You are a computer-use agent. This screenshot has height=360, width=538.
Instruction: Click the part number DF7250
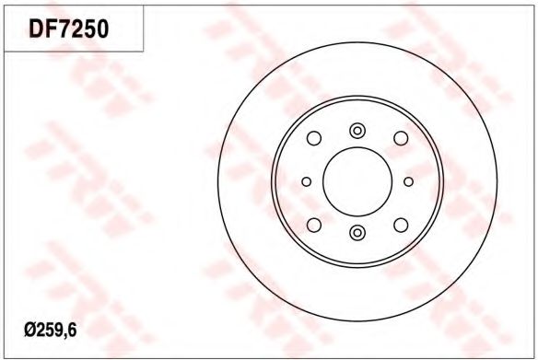pyautogui.click(x=68, y=29)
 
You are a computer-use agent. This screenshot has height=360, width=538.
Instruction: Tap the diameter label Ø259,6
pyautogui.click(x=51, y=331)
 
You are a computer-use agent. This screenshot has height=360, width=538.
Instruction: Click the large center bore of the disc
pyautogui.click(x=357, y=181)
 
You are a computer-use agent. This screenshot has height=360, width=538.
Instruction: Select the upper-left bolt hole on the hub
pyautogui.click(x=314, y=138)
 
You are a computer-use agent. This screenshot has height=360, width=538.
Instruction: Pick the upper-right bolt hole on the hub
pyautogui.click(x=401, y=138)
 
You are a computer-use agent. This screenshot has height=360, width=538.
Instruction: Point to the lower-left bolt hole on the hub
pyautogui.click(x=314, y=225)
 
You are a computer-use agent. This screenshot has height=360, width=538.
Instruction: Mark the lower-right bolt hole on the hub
pyautogui.click(x=401, y=225)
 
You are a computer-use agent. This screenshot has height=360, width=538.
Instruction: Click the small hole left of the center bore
pyautogui.click(x=307, y=181)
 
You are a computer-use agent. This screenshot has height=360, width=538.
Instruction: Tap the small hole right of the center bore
pyautogui.click(x=408, y=181)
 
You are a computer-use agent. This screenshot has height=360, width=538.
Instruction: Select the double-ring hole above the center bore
pyautogui.click(x=357, y=131)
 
